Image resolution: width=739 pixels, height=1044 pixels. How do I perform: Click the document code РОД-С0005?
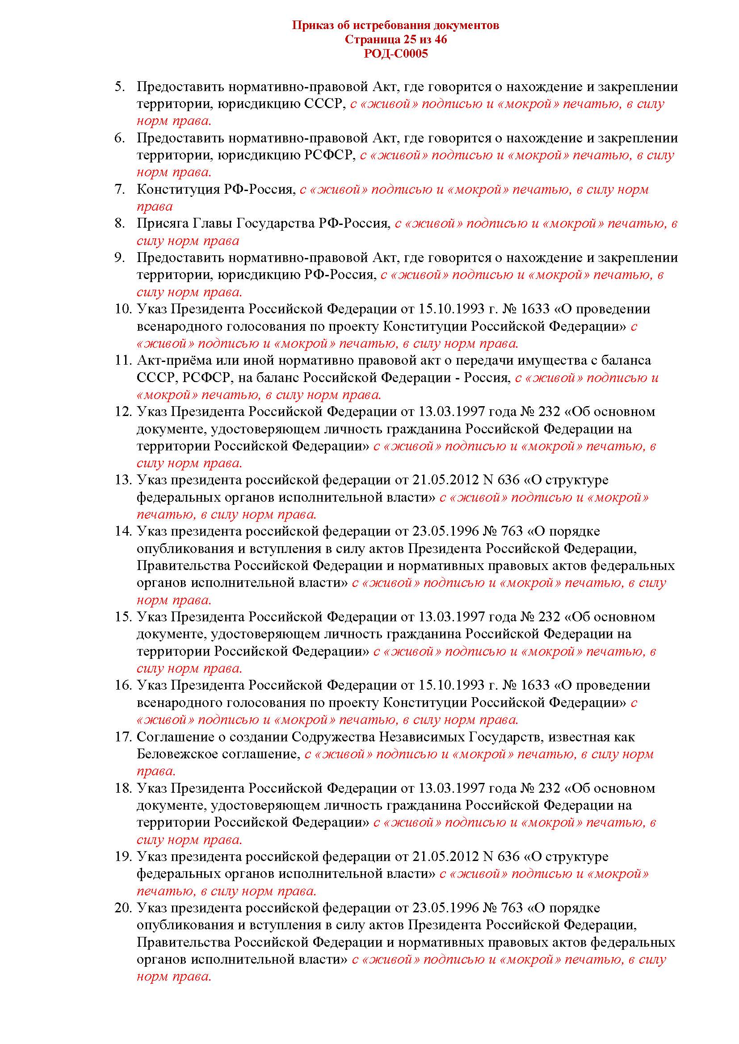click(x=395, y=54)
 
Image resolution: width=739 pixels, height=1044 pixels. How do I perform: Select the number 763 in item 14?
click(x=511, y=531)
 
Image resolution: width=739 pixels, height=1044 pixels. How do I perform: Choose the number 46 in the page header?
click(x=441, y=40)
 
